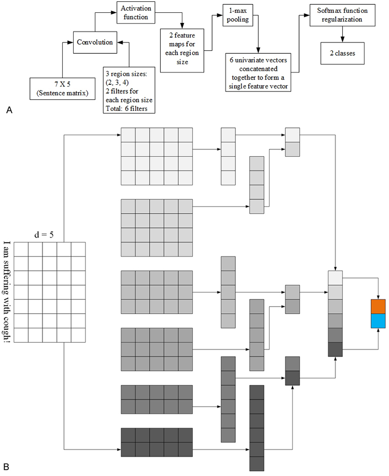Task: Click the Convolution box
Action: (95, 42)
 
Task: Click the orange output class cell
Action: (378, 307)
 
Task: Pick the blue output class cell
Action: (378, 321)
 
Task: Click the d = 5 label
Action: (49, 235)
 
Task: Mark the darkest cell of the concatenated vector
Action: (335, 349)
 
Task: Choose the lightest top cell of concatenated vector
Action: (335, 278)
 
